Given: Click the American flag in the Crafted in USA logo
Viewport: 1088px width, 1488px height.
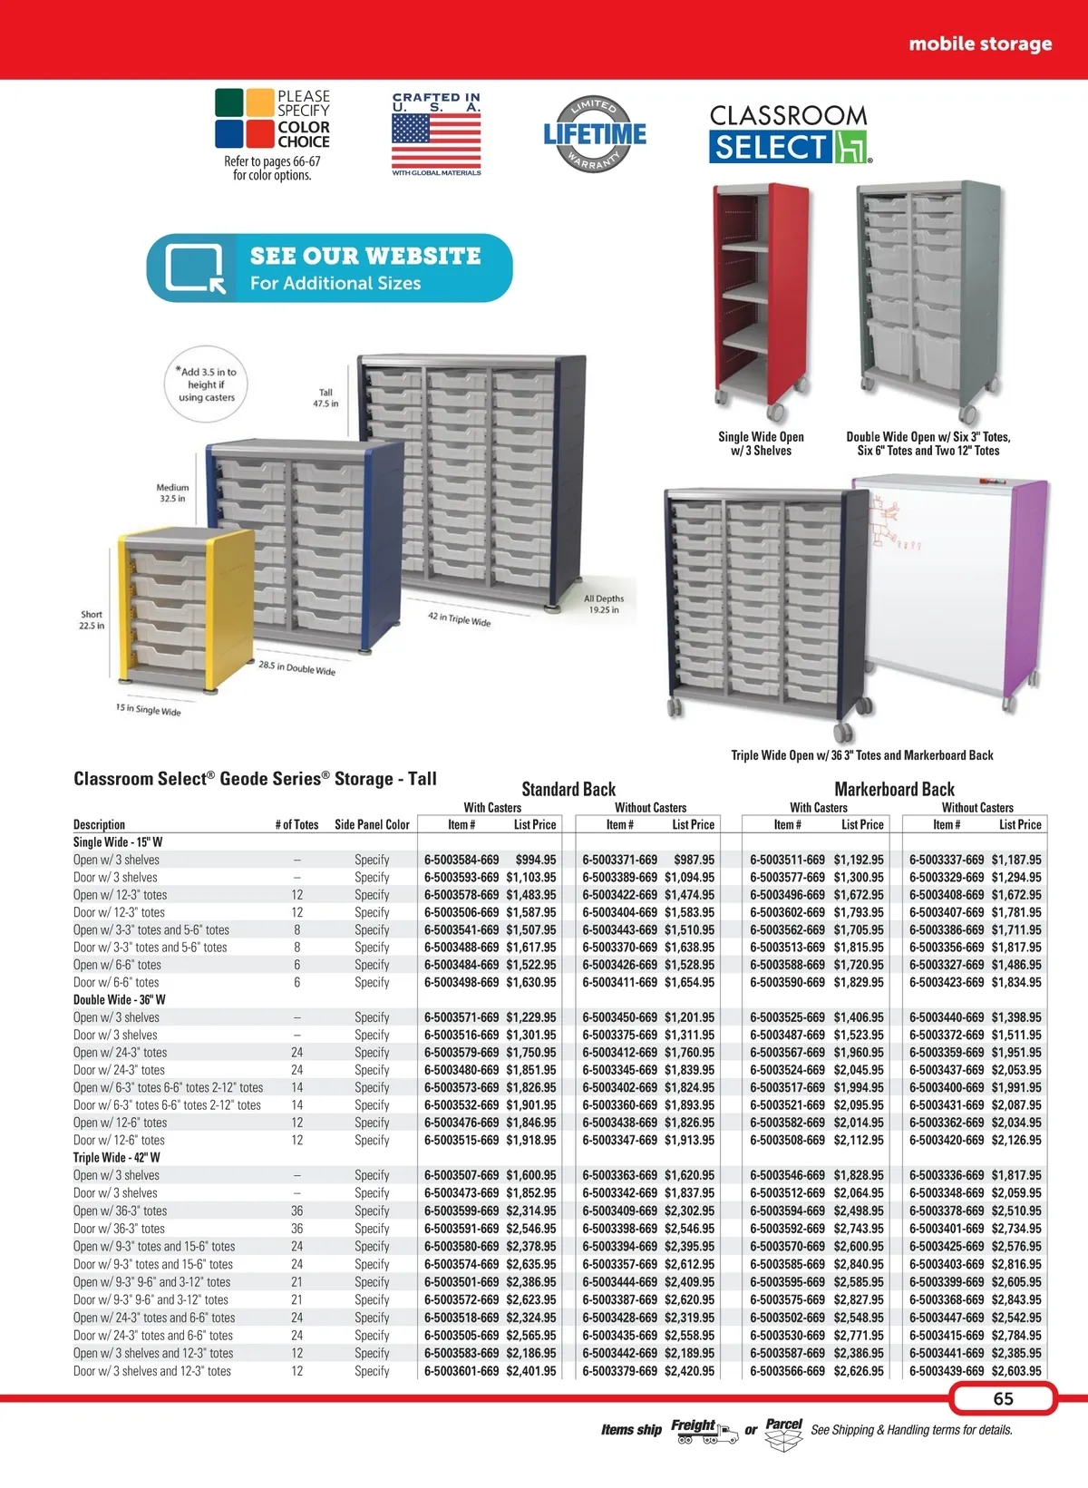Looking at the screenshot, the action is [436, 141].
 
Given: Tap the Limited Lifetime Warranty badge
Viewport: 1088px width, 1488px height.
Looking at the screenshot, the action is [595, 133].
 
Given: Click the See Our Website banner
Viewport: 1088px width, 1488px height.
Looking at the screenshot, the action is [329, 267].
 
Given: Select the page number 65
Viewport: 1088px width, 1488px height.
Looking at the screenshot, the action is [1003, 1398].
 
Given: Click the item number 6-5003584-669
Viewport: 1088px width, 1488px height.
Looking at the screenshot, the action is [461, 860].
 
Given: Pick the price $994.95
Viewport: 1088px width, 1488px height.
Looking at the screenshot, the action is [536, 860].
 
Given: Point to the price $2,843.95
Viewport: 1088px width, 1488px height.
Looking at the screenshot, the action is [1016, 1299].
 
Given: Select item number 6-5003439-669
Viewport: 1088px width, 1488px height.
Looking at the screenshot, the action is [947, 1370].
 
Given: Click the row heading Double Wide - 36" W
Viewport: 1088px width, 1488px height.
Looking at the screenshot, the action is [120, 1000].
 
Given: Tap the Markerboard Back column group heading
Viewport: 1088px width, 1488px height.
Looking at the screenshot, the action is [894, 789].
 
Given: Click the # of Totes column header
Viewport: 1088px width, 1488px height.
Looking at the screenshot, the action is [296, 824].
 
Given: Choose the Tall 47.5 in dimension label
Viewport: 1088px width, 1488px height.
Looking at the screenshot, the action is [325, 398].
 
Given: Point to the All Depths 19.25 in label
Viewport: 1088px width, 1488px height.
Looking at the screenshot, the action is [604, 604].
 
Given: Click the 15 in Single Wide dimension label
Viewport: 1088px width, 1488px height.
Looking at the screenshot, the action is [148, 710].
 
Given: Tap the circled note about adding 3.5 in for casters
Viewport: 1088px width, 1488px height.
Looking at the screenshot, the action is [206, 384].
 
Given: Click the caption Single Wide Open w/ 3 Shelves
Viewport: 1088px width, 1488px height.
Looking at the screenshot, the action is [762, 443].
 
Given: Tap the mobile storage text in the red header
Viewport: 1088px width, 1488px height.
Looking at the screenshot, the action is [980, 44].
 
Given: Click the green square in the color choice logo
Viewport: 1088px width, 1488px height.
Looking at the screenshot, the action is [229, 102].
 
